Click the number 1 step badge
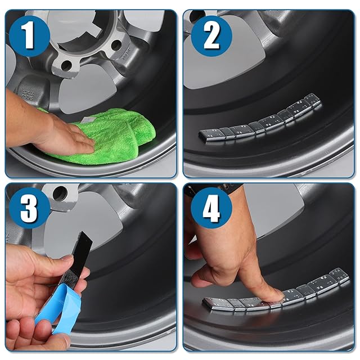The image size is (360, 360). click(x=30, y=36)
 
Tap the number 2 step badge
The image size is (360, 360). click(x=211, y=36)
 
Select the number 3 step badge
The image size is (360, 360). click(x=30, y=208)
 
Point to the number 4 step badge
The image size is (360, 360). click(x=211, y=208)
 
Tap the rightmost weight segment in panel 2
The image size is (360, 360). click(x=312, y=100)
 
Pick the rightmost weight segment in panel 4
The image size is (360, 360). click(x=339, y=275)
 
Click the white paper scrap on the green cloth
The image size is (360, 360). click(x=88, y=120)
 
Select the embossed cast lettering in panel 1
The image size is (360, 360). click(x=28, y=94)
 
